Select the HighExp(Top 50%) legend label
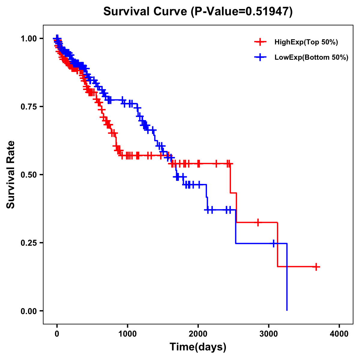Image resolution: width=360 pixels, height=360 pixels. tap(306, 42)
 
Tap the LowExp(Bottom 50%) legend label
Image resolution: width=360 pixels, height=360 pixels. tap(311, 57)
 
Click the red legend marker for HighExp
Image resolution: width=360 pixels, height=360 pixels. tap(260, 42)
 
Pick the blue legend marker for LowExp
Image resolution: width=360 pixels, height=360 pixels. tap(260, 57)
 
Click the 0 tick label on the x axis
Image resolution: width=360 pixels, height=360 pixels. tap(57, 334)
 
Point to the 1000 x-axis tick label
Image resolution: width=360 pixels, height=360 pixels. tap(127, 334)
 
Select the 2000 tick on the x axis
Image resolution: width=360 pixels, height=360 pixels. tap(198, 334)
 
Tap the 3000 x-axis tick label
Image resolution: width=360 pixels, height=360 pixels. tap(269, 334)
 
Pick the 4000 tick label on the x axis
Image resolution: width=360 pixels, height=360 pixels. tap(339, 334)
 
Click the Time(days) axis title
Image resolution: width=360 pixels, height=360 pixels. tap(198, 347)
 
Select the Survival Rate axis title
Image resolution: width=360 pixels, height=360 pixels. tap(11, 175)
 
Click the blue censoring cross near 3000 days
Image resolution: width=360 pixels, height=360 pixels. tap(274, 243)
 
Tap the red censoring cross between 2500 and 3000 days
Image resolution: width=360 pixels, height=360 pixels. tap(258, 222)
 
